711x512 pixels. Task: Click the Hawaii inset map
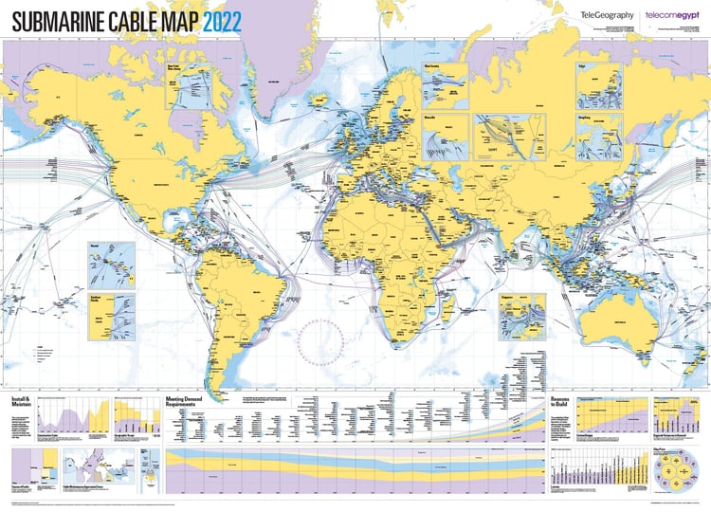(111, 265)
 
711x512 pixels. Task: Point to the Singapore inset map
(523, 316)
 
